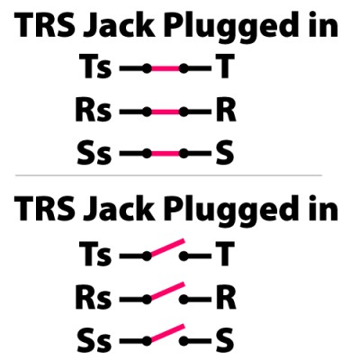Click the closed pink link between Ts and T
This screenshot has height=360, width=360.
[166, 68]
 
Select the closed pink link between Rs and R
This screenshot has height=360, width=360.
[166, 112]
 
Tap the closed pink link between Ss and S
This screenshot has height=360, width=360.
[166, 154]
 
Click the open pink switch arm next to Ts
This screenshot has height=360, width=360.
[166, 247]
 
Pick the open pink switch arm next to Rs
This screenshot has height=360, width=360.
[166, 291]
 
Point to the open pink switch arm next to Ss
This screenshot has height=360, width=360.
[166, 333]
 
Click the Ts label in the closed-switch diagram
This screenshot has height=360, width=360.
[95, 67]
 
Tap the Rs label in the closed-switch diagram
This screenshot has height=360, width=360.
[94, 111]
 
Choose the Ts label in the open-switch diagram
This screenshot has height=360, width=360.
[95, 255]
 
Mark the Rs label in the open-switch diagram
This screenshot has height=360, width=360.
[94, 298]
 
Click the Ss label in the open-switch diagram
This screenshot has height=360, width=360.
[94, 340]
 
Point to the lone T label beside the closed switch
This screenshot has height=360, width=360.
[225, 67]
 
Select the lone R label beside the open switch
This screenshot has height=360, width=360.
[226, 298]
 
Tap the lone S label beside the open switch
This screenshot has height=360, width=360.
[225, 340]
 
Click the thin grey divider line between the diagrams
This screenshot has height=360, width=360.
[168, 175]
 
